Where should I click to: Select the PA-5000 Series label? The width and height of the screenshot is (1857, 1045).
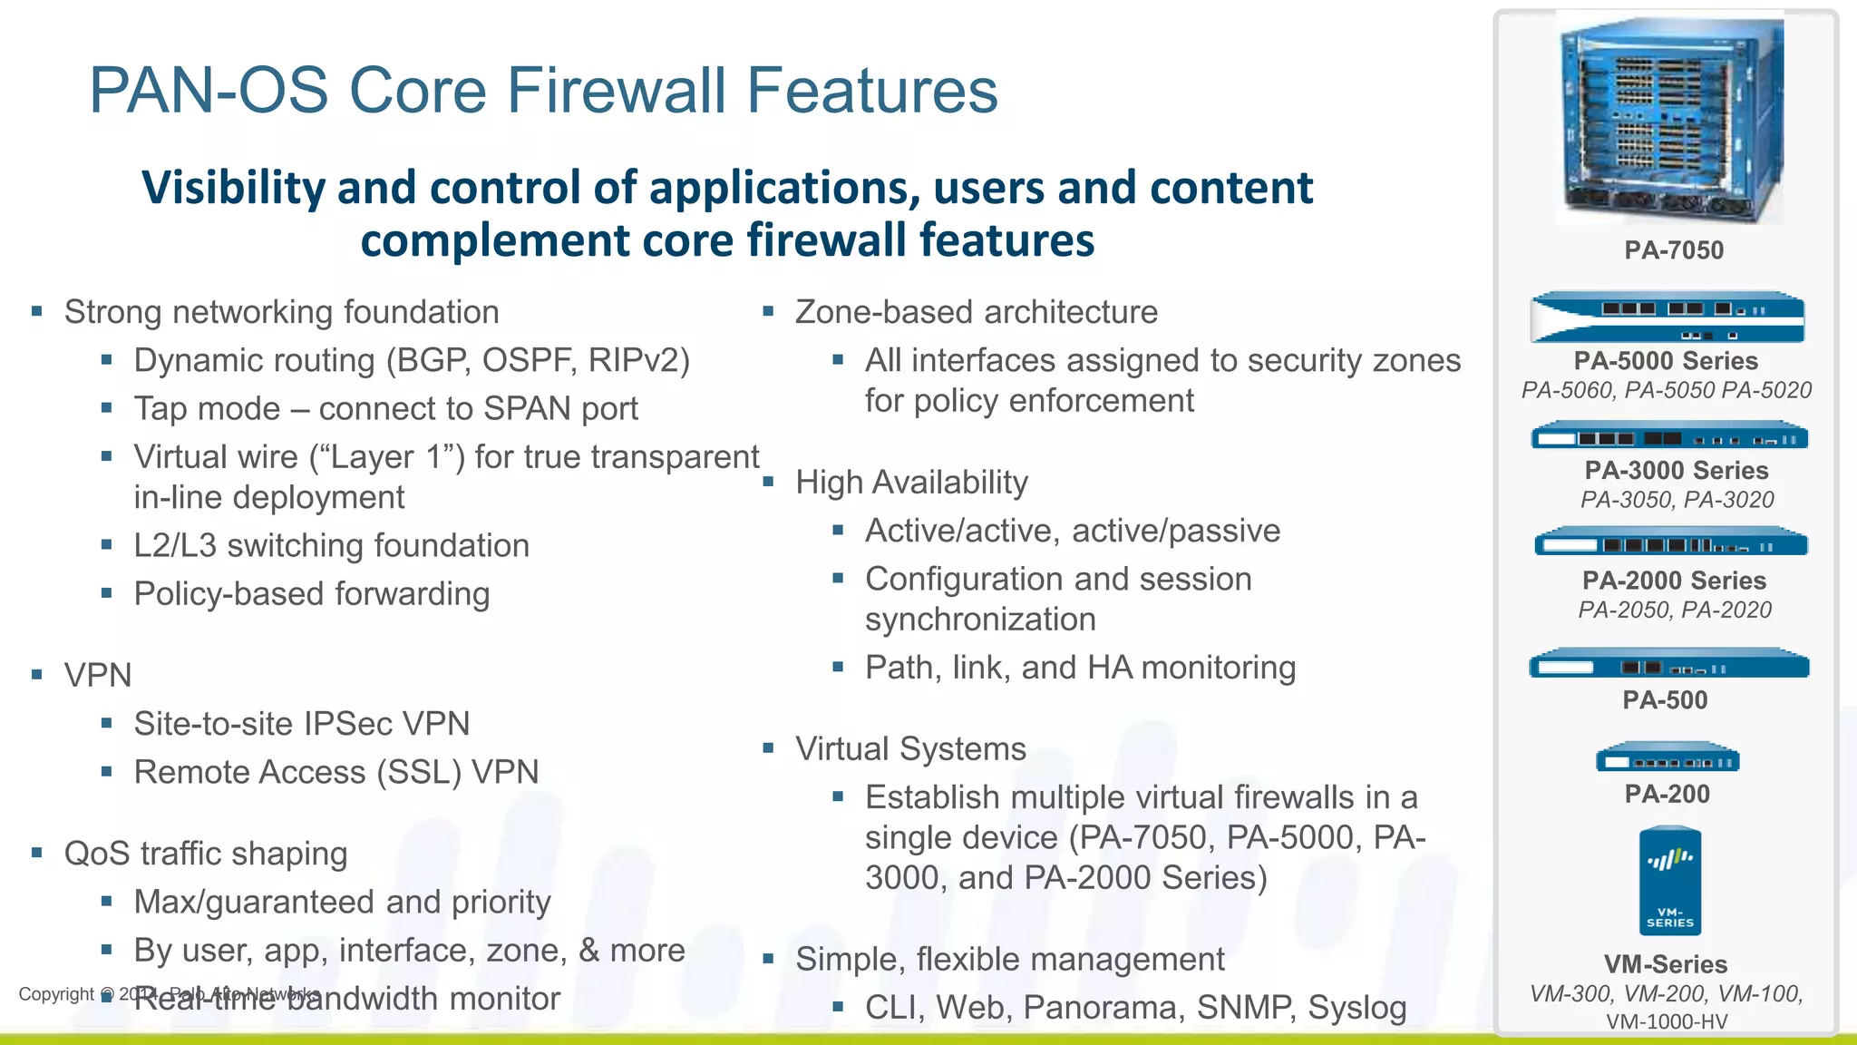(1665, 361)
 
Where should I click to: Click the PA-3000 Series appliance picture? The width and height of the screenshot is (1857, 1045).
(1668, 438)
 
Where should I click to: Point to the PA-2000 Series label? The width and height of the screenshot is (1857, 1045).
(1674, 581)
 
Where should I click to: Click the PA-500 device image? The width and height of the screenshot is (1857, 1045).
(1668, 666)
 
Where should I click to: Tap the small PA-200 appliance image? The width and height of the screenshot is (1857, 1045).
(1667, 759)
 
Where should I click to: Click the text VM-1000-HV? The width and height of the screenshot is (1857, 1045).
(1667, 1022)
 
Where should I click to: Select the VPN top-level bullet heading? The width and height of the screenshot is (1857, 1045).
(98, 676)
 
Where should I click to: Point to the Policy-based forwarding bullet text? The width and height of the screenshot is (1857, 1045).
(311, 594)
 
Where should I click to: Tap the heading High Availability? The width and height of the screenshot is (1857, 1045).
(911, 483)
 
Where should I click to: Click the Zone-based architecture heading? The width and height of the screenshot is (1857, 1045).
(976, 313)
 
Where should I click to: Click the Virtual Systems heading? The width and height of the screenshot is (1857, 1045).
(910, 749)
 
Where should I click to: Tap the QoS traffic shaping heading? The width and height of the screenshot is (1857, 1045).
(206, 855)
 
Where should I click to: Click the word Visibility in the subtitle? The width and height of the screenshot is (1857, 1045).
(234, 189)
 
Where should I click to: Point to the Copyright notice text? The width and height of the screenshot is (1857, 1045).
(56, 994)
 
